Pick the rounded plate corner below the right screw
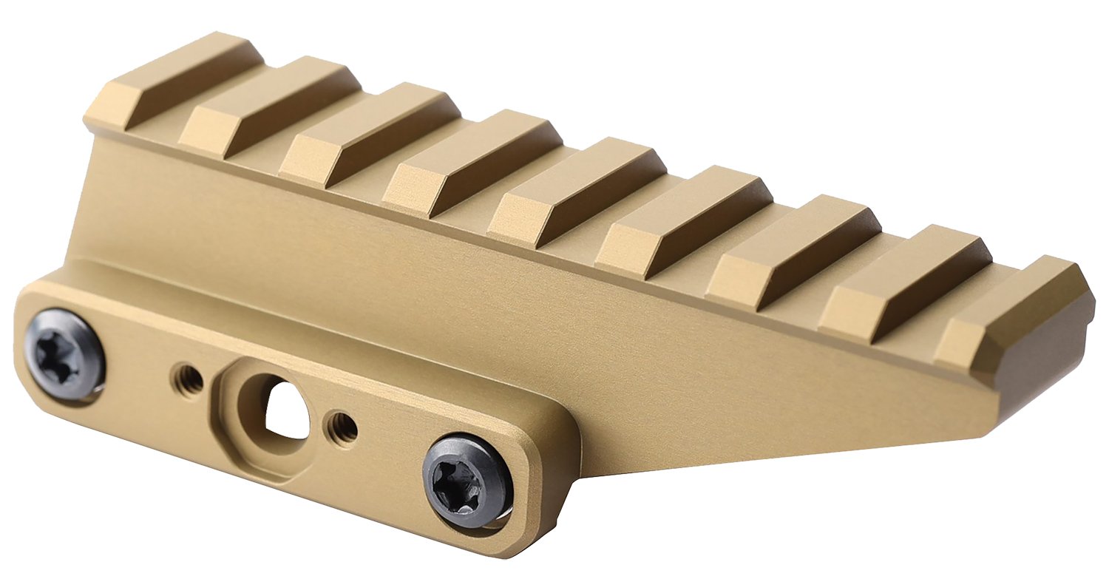pyautogui.click(x=518, y=544)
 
